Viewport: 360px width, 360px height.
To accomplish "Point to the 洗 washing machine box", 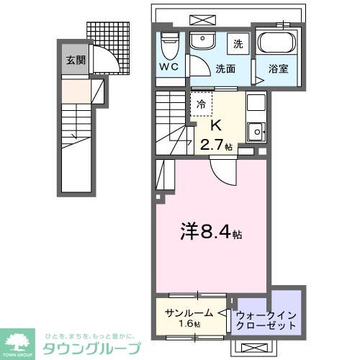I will click(x=238, y=43).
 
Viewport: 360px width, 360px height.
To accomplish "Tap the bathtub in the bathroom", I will click(x=277, y=44).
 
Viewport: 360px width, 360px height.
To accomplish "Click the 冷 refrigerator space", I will click(x=201, y=103).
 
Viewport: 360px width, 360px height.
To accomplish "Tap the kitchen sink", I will click(x=256, y=131).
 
